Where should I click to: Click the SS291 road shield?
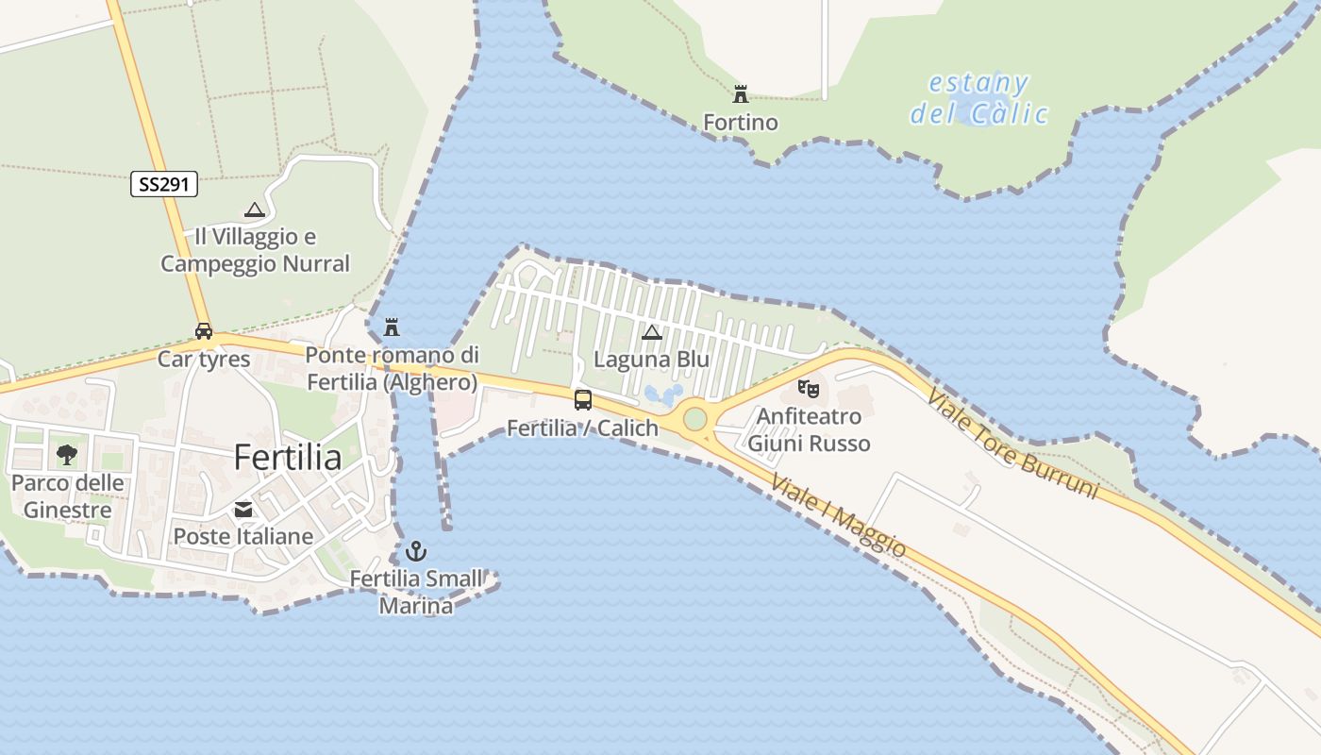(x=163, y=185)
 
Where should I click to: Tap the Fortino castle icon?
(x=741, y=94)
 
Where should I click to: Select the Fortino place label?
(x=741, y=123)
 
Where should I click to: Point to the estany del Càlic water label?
(x=979, y=99)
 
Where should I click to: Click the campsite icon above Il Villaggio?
(x=254, y=210)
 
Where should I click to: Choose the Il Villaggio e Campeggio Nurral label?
(x=255, y=250)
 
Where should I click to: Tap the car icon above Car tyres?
(x=204, y=331)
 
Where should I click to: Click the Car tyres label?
(x=204, y=359)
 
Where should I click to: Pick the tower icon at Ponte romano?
(x=392, y=327)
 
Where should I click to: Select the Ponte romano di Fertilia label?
(x=393, y=369)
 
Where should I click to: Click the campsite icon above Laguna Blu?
(x=651, y=332)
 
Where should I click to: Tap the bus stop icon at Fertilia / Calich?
(x=583, y=399)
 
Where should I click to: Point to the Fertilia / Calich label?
(x=582, y=428)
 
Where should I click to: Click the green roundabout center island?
(x=695, y=418)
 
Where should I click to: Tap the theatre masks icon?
(x=808, y=388)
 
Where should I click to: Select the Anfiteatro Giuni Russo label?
(x=809, y=429)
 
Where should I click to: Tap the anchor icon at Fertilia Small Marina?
(x=416, y=551)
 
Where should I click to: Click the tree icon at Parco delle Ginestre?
(x=66, y=455)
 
